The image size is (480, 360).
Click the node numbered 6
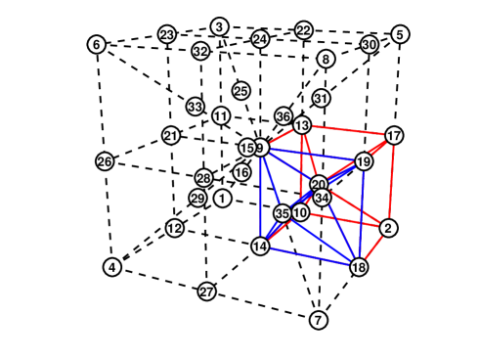click(x=95, y=44)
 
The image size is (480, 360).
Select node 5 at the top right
click(x=401, y=35)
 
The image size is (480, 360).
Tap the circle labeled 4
click(x=112, y=267)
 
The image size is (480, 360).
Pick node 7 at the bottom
click(x=318, y=320)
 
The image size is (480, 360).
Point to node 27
click(x=206, y=292)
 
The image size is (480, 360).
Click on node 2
click(x=388, y=228)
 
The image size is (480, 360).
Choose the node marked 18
click(x=359, y=267)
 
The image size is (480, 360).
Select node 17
click(x=394, y=135)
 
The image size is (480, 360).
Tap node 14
click(x=260, y=246)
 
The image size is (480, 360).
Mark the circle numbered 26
click(x=105, y=160)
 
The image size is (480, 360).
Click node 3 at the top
click(x=220, y=25)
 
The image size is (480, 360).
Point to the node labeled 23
click(x=167, y=35)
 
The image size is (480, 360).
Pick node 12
click(x=174, y=228)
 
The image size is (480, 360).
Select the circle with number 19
click(x=363, y=162)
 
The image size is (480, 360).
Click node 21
click(x=171, y=136)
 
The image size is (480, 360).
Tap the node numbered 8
click(x=326, y=59)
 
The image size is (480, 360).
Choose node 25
click(x=240, y=91)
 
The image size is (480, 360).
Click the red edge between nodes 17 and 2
click(x=391, y=182)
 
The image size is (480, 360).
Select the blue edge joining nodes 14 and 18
click(x=309, y=256)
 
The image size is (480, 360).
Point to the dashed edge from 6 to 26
click(x=100, y=102)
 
